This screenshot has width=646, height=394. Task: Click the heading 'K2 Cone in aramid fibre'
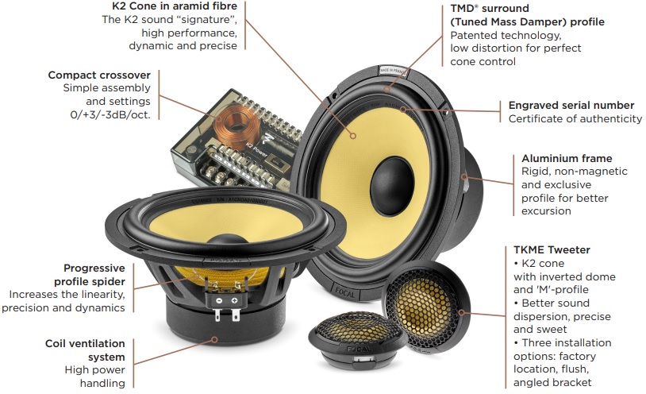click(175, 6)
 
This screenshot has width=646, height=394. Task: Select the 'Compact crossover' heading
click(99, 75)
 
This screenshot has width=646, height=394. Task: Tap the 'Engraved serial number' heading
click(571, 105)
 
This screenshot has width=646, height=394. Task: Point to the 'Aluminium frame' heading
click(567, 158)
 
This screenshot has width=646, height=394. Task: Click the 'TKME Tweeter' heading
click(552, 249)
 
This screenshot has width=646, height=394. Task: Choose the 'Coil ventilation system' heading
click(85, 350)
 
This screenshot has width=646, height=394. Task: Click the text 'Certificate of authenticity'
click(575, 119)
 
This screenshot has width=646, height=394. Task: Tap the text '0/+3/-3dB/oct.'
click(110, 114)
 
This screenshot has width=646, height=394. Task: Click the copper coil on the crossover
click(237, 123)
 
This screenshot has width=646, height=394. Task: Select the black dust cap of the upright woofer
click(392, 186)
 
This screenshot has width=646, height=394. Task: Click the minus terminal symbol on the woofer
click(219, 301)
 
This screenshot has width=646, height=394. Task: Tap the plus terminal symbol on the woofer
click(234, 301)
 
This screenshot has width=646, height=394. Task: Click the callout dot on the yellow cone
click(353, 135)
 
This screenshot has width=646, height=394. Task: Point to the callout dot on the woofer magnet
click(214, 339)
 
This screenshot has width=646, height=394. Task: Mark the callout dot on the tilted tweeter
click(462, 312)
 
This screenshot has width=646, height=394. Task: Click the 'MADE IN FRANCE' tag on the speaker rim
click(393, 71)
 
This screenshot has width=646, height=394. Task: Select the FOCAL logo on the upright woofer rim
click(345, 292)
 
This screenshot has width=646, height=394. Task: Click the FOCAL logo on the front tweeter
click(359, 350)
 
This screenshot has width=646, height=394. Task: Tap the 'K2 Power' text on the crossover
click(256, 150)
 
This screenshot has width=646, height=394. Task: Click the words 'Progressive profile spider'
click(90, 275)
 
